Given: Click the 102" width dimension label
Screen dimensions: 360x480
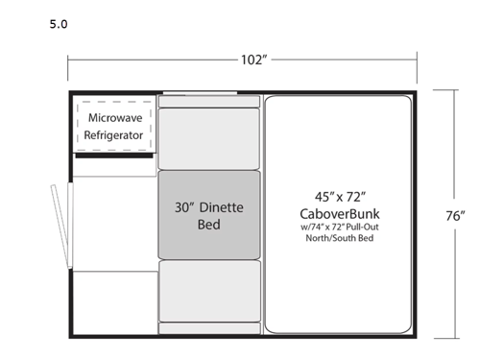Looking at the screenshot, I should tap(253, 59).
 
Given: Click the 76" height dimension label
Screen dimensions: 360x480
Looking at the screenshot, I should tap(456, 215).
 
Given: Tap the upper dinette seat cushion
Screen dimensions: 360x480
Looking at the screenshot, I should tap(209, 138).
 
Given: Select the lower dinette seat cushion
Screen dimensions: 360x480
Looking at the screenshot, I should tap(209, 289).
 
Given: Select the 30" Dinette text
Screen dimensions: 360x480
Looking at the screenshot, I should tap(208, 206).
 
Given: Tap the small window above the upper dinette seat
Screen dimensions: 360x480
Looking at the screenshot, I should tap(200, 94).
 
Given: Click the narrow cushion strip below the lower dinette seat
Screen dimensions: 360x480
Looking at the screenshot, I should tap(209, 327).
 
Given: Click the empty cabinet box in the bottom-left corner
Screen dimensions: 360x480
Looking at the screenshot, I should tap(114, 301).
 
